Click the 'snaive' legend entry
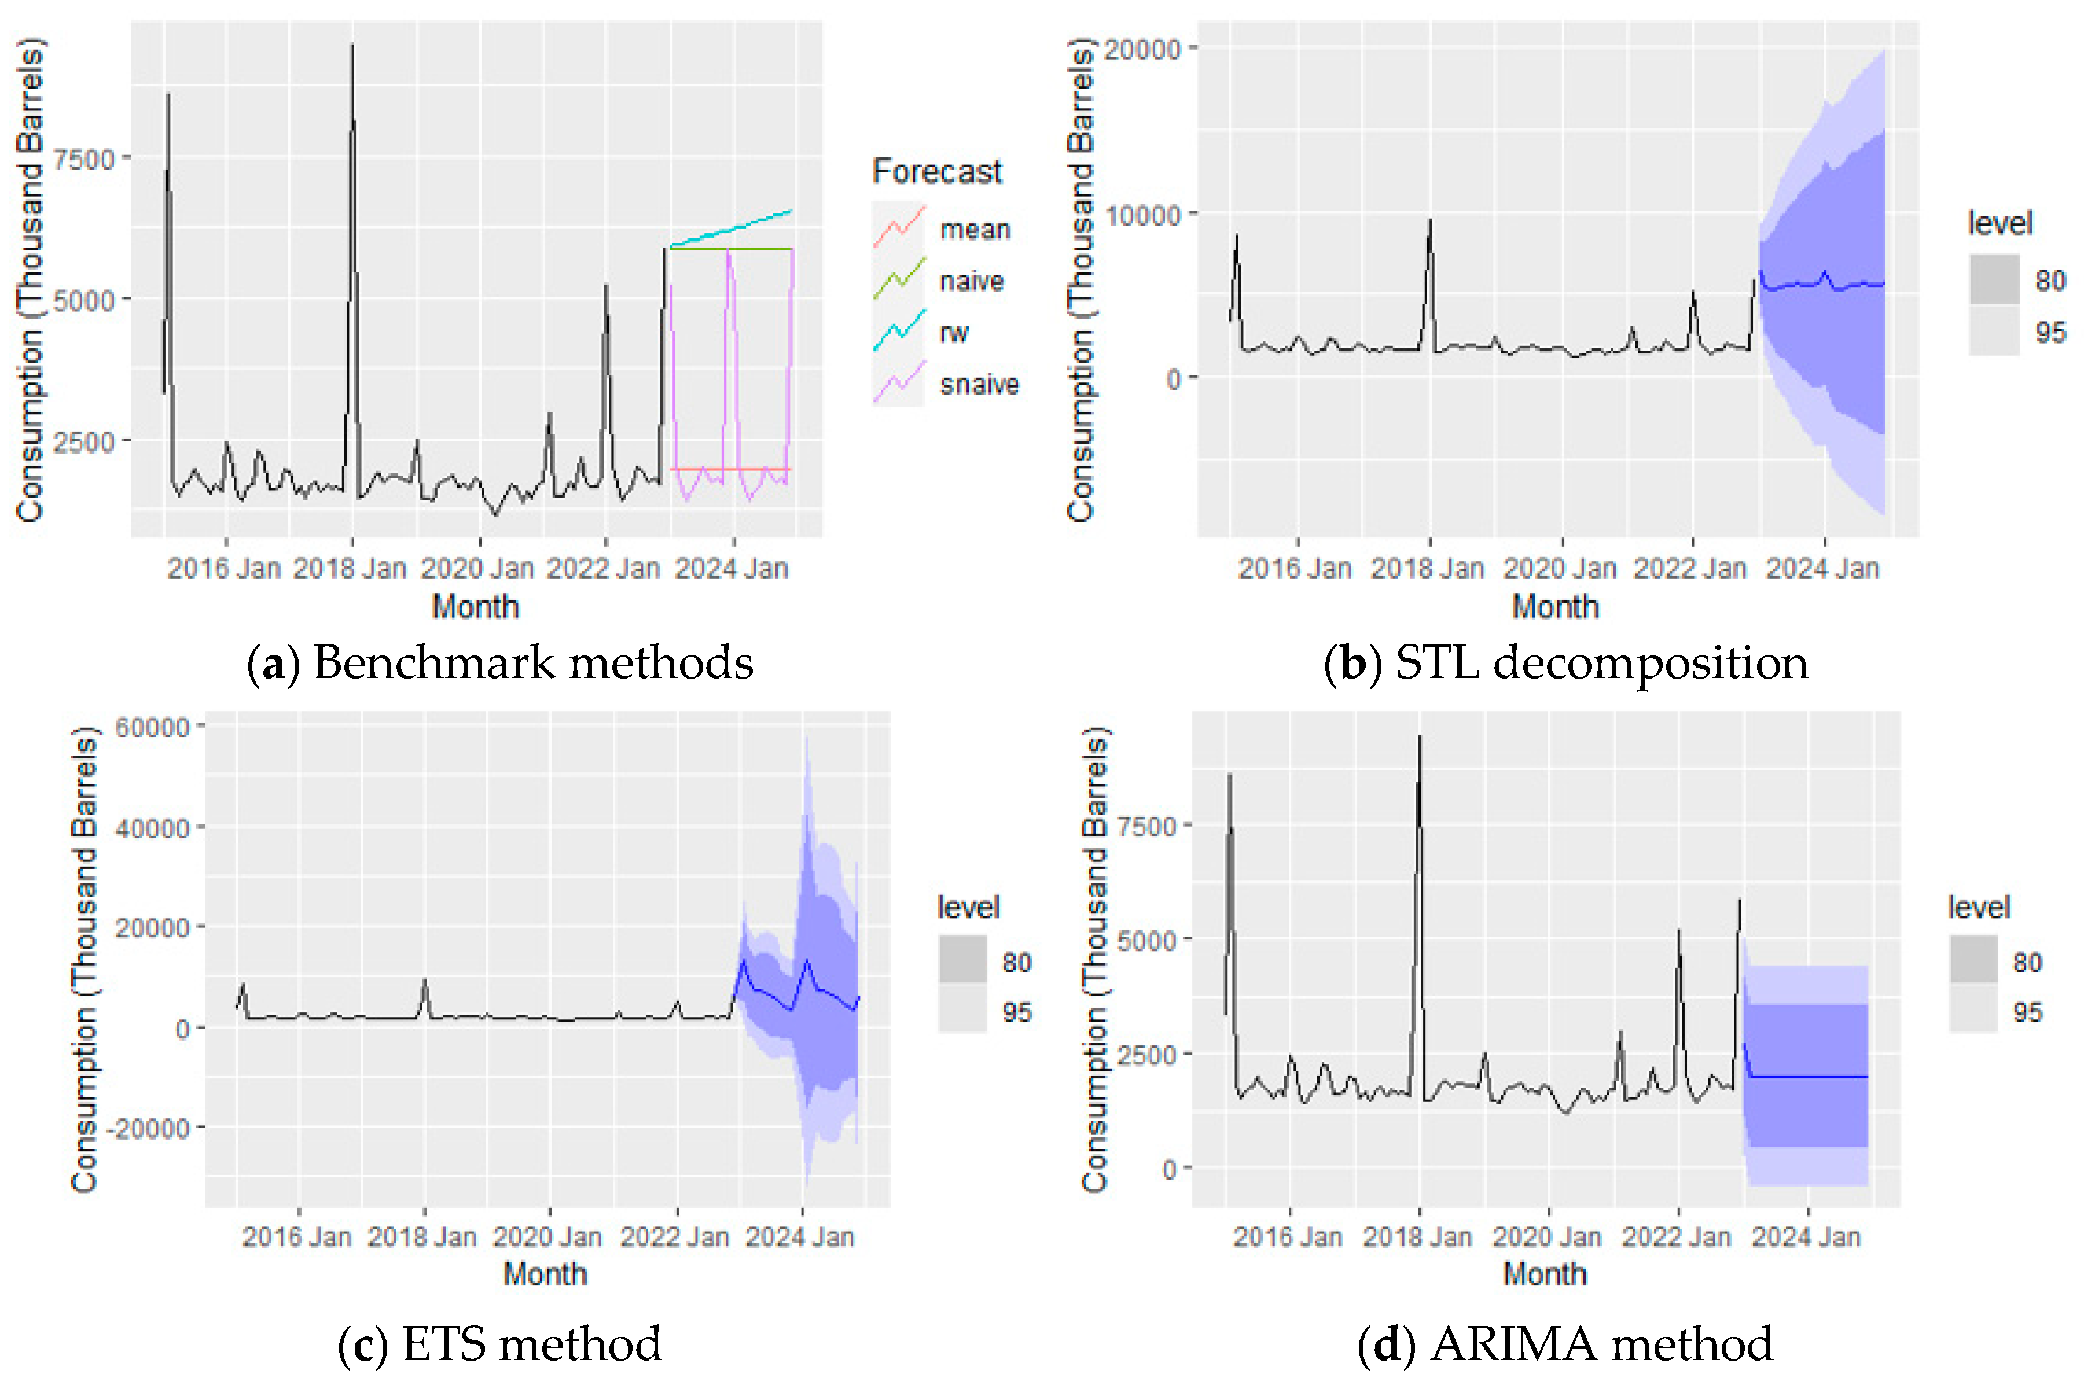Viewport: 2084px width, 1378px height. (x=978, y=384)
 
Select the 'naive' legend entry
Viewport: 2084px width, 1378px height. (x=971, y=281)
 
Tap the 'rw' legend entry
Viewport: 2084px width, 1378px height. (x=954, y=333)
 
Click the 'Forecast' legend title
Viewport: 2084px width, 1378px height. (x=936, y=171)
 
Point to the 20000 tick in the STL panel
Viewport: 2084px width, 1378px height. (x=1142, y=49)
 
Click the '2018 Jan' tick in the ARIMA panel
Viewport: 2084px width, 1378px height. (x=1417, y=1236)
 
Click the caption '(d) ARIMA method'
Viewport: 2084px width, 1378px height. (x=1564, y=1344)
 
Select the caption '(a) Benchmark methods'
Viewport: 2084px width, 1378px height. (x=499, y=662)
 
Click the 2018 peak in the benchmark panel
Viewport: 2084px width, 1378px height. (x=352, y=46)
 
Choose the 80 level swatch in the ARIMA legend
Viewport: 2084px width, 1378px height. (x=1974, y=960)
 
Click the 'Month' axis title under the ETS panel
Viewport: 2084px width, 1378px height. (x=544, y=1273)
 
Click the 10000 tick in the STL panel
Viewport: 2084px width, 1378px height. (x=1142, y=215)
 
